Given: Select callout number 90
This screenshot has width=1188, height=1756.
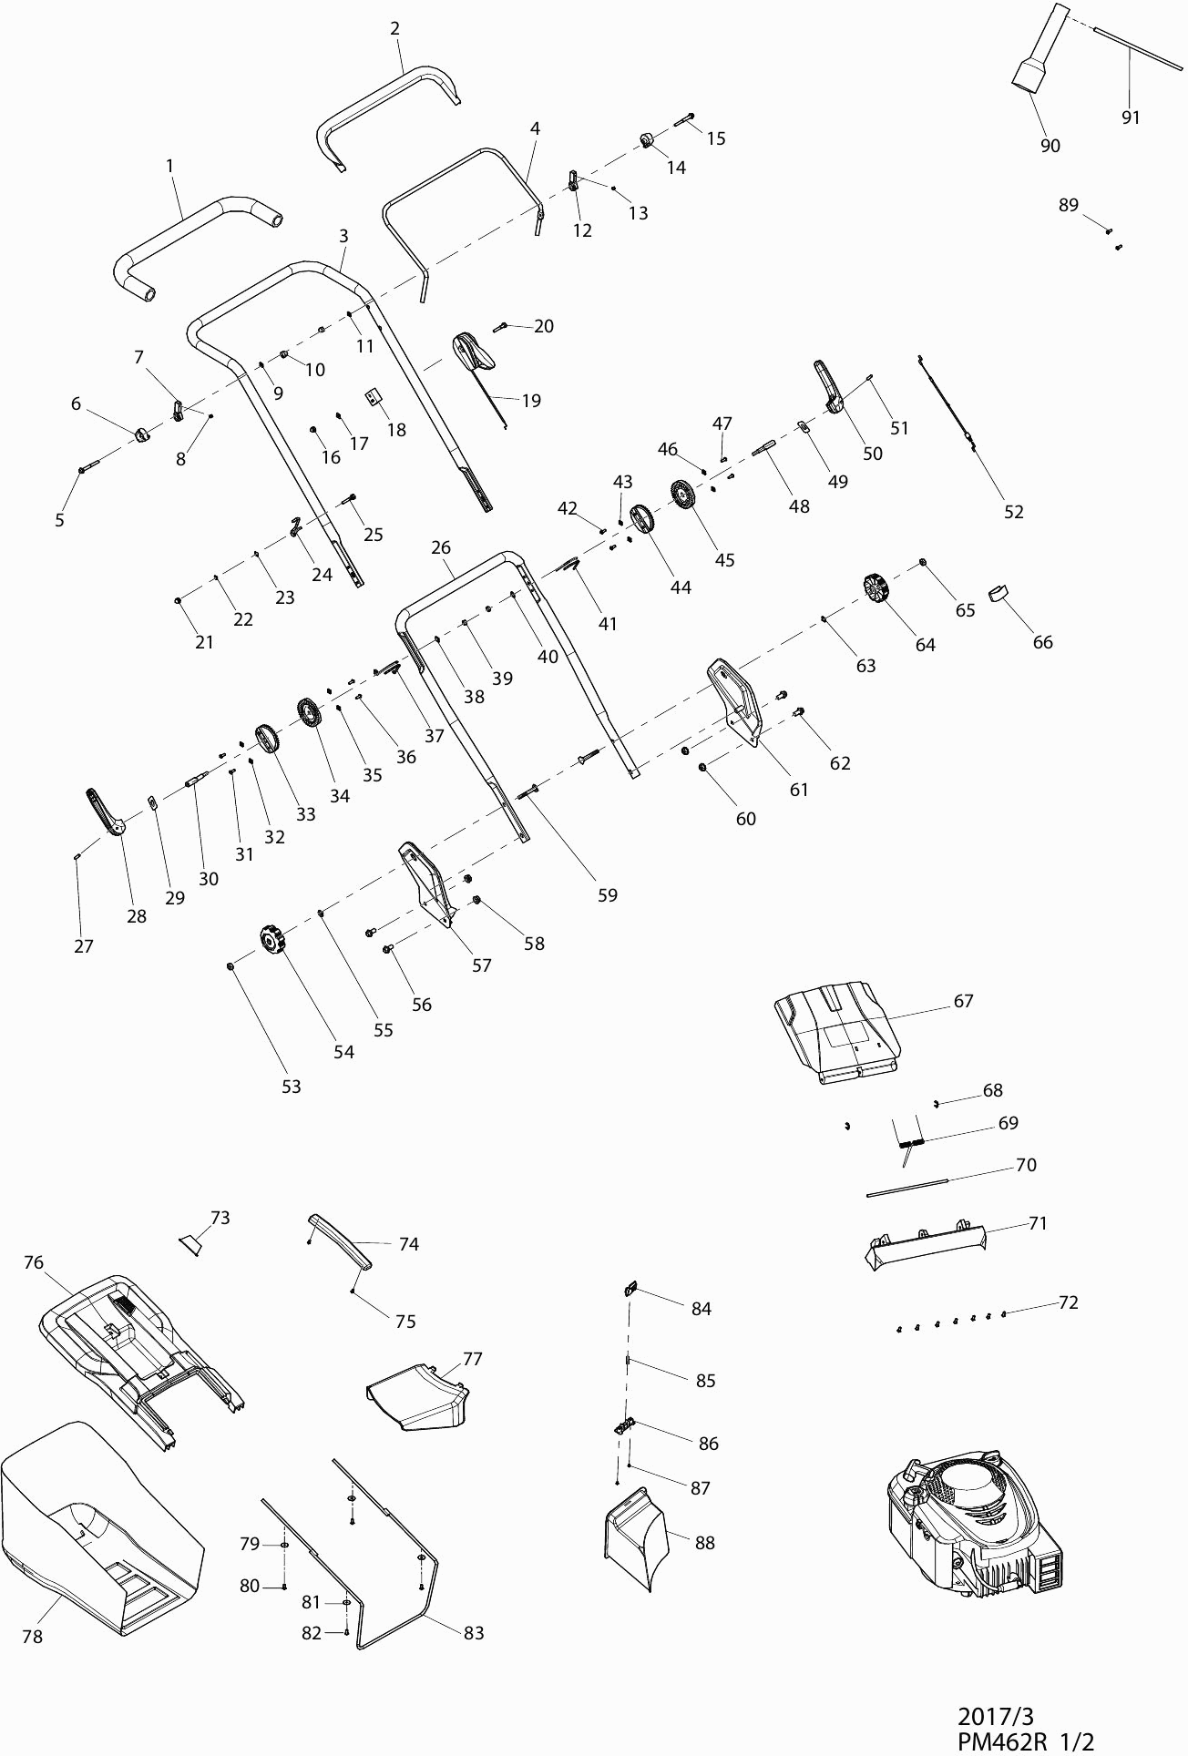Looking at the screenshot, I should (1050, 146).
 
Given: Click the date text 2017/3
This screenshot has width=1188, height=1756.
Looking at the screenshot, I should (996, 1717).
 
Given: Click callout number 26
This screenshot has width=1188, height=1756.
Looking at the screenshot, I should (441, 547).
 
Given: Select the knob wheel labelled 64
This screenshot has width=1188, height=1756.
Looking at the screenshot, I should (876, 587).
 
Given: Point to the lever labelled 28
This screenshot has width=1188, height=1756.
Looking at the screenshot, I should (104, 810).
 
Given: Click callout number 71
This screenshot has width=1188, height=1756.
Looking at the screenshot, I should (1038, 1223).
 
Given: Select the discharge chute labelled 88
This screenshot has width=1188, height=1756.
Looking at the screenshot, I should (635, 1539).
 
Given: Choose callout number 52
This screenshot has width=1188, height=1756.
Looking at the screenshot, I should (1013, 512).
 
